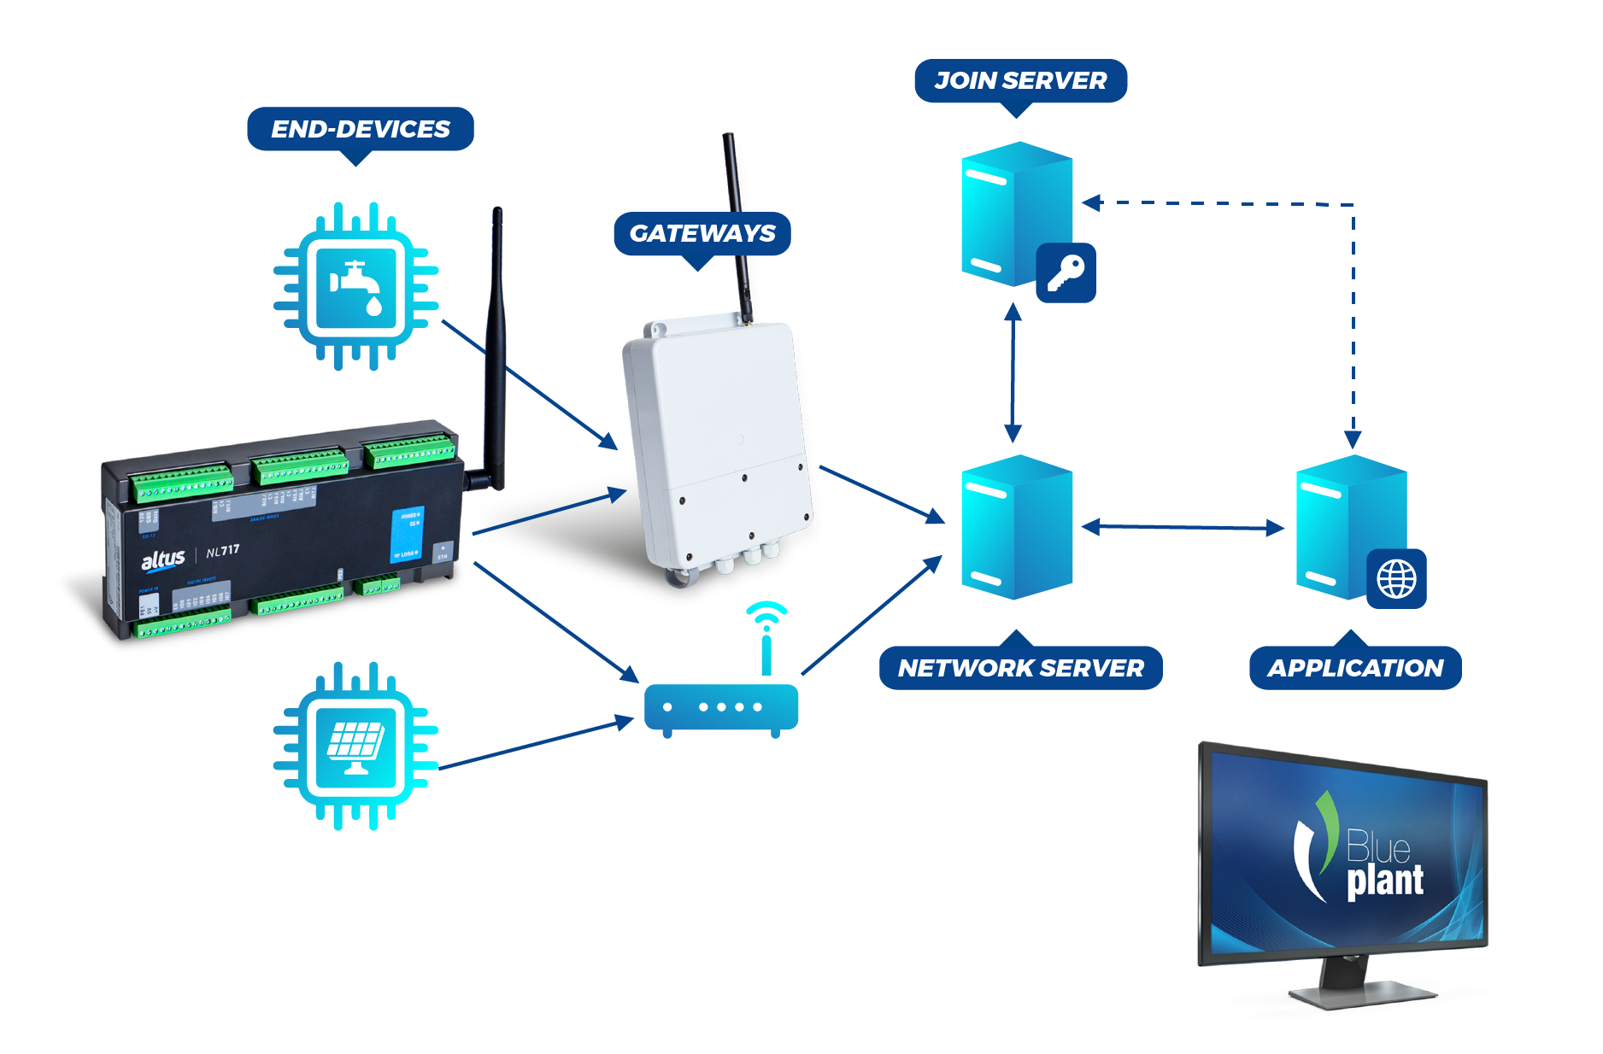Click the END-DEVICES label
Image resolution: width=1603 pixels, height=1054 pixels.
click(360, 129)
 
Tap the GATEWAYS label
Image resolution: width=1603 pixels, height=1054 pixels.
click(702, 233)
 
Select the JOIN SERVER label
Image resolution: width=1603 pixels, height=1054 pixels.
click(1020, 81)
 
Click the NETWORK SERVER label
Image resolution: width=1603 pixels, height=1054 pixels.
click(1020, 668)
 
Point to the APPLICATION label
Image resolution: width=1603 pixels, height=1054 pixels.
click(1355, 668)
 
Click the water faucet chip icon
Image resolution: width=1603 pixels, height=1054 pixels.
click(355, 286)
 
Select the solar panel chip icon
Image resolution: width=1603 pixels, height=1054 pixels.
click(355, 745)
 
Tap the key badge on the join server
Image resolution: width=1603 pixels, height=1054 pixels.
click(1066, 273)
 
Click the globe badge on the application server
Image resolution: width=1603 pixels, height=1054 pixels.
click(1396, 579)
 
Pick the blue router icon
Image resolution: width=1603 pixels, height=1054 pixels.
click(721, 708)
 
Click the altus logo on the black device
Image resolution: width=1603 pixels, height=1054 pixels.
click(162, 560)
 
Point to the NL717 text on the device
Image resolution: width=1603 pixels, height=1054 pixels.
click(223, 551)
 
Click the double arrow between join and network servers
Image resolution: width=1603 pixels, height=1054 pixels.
click(1013, 372)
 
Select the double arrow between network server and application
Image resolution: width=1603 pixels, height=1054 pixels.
click(1183, 528)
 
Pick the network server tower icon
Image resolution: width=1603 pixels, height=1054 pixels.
click(1016, 527)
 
